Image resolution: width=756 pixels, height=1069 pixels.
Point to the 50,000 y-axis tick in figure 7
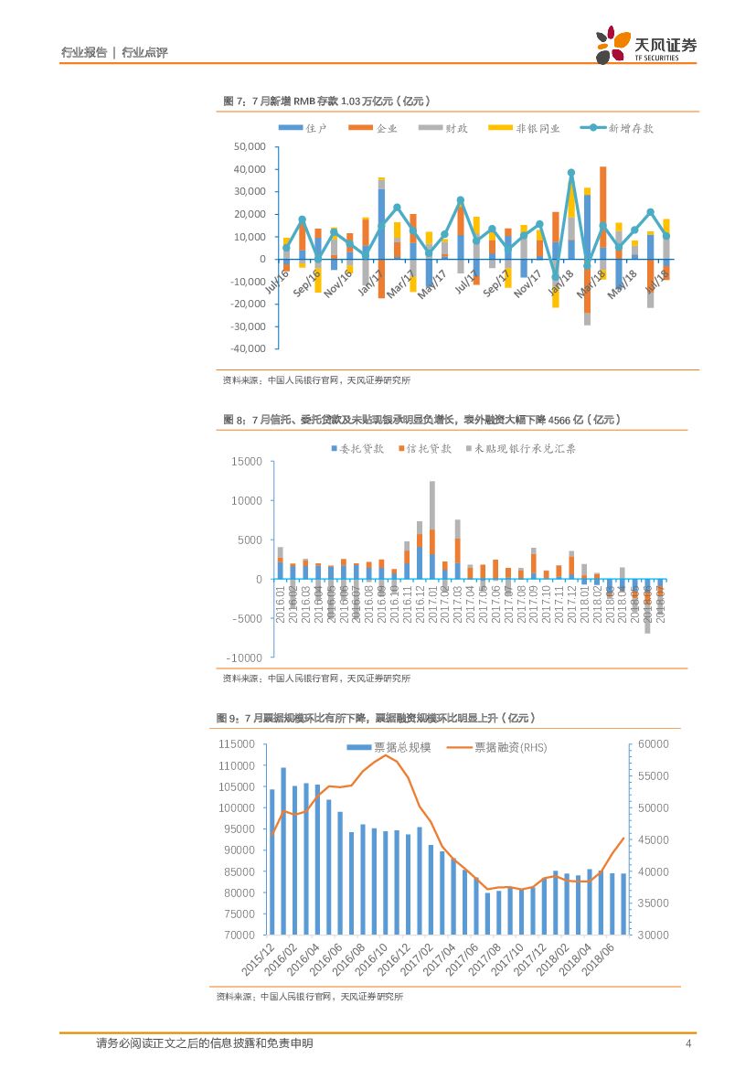click(250, 147)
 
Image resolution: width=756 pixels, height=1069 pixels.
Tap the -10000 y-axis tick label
click(246, 657)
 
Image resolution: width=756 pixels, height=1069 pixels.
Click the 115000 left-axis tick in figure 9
click(237, 744)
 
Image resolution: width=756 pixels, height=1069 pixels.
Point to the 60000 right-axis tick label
click(653, 744)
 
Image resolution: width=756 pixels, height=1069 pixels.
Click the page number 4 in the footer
click(688, 1043)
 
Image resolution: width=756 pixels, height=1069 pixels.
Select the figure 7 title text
click(326, 101)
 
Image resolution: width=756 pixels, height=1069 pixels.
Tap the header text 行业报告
click(83, 52)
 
